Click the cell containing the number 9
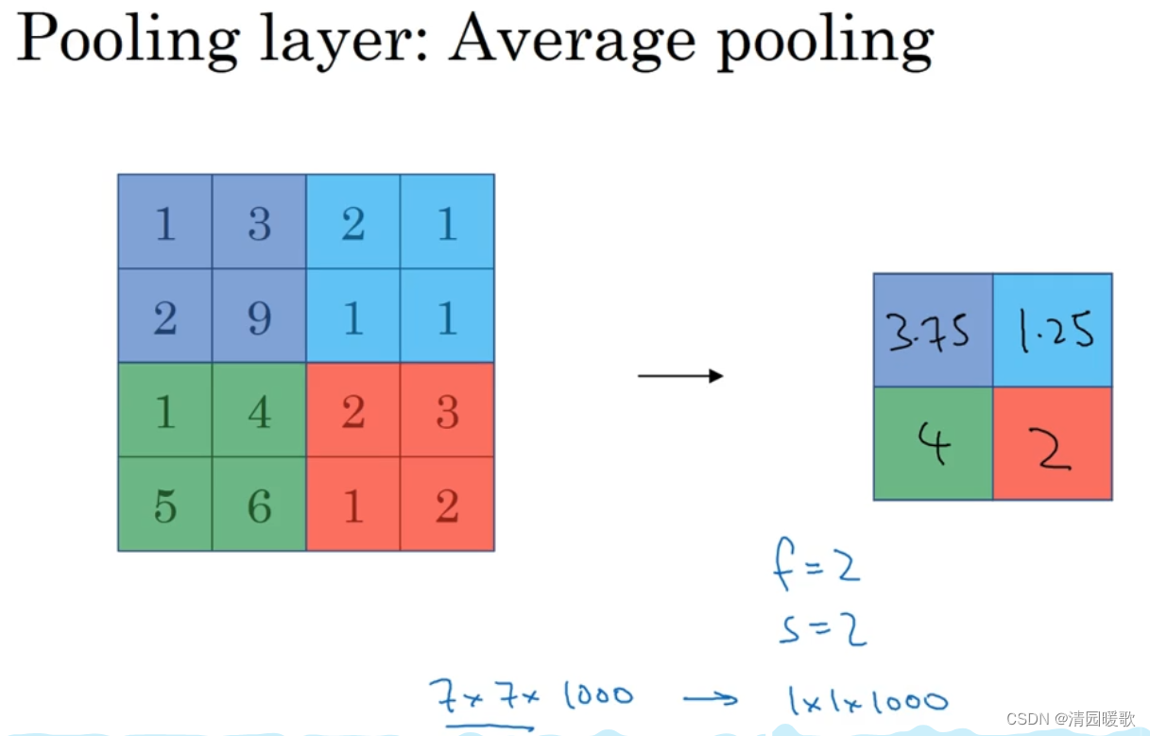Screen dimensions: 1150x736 pos(259,317)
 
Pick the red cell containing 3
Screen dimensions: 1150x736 pos(447,410)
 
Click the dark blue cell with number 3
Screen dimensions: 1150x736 pos(259,223)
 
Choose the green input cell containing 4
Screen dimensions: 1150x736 pos(259,410)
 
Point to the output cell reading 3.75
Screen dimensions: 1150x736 pos(933,331)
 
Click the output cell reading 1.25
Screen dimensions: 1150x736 pos(1053,331)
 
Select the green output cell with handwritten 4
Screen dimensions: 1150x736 pos(933,444)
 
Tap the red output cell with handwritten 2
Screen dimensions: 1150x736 pos(1053,444)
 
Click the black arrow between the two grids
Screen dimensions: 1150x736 pos(680,376)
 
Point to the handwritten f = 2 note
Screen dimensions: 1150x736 pos(816,569)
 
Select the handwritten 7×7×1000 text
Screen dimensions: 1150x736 pos(530,696)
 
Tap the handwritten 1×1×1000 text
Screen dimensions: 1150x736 pos(866,700)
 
